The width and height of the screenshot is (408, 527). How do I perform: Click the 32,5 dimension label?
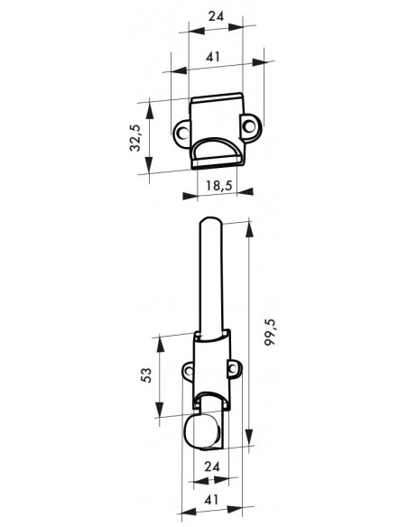coord(135,138)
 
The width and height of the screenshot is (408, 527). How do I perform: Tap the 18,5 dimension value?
coord(219,186)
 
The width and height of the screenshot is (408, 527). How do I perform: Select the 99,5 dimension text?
coord(270,332)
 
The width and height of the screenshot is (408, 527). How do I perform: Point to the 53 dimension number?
coord(146,375)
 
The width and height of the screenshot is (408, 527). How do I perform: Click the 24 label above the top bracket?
coord(216,16)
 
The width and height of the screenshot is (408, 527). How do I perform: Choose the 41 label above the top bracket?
coord(213,57)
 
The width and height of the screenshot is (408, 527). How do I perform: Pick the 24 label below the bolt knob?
coord(212,467)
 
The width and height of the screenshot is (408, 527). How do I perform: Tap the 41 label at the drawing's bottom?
coord(211,499)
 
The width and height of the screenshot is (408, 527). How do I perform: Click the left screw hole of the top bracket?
coord(182,133)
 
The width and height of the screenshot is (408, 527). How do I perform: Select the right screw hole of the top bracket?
coord(249,126)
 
